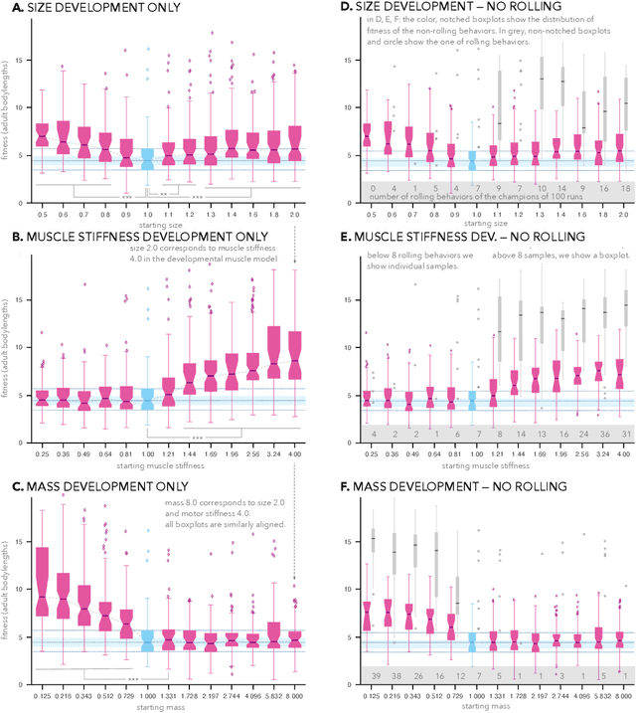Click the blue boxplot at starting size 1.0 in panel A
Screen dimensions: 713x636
pos(147,159)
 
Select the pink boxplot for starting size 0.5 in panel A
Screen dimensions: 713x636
pos(42,134)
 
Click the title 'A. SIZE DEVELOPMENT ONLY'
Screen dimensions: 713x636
pos(89,9)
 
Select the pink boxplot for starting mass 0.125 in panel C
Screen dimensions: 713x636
pos(42,570)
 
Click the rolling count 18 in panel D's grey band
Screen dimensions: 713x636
pos(626,187)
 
